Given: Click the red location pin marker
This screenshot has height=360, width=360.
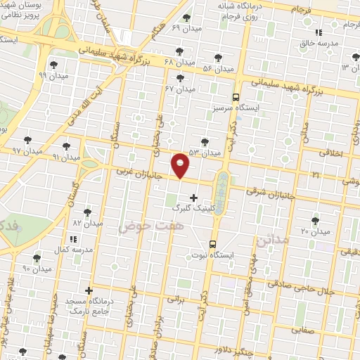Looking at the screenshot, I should (x=181, y=165).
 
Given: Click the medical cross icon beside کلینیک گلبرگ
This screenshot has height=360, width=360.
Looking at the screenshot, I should (x=194, y=198).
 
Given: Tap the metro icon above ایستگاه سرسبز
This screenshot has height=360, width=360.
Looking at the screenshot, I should (x=236, y=98).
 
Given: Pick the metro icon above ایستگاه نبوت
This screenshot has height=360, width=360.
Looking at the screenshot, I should (x=212, y=244).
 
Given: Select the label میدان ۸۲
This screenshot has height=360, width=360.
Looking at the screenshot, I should (x=88, y=222).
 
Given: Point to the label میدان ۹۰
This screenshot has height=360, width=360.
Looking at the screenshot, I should (x=37, y=269).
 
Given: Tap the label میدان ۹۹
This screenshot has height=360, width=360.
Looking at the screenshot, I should (x=53, y=75).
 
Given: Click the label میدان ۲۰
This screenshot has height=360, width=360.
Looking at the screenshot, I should (x=315, y=231).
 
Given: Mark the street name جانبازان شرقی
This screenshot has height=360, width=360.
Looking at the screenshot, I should (x=268, y=191).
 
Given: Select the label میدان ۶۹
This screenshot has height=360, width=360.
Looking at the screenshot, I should (x=186, y=27).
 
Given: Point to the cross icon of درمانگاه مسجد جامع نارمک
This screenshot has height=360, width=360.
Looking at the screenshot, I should (x=89, y=290).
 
